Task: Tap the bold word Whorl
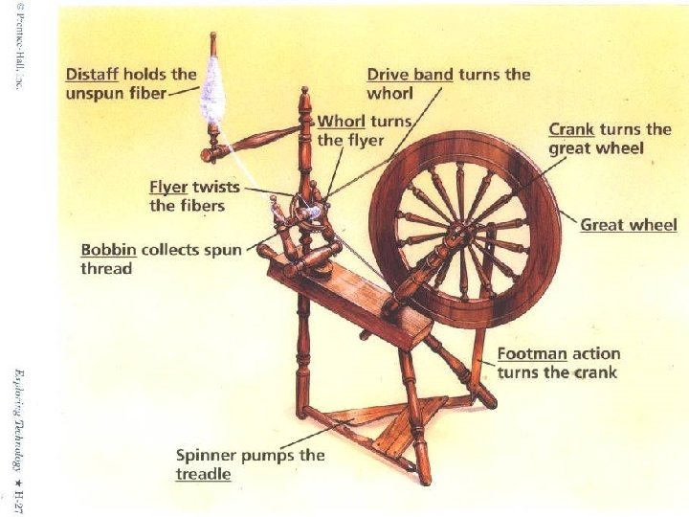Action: pos(341,122)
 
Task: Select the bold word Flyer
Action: pos(168,187)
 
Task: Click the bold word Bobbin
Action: pos(108,250)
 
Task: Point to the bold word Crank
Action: pos(571,129)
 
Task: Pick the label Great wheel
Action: pos(628,225)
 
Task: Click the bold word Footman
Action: pos(532,353)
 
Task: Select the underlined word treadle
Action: pos(203,474)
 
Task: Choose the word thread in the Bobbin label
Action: pos(106,269)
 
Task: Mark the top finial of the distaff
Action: pos(212,40)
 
